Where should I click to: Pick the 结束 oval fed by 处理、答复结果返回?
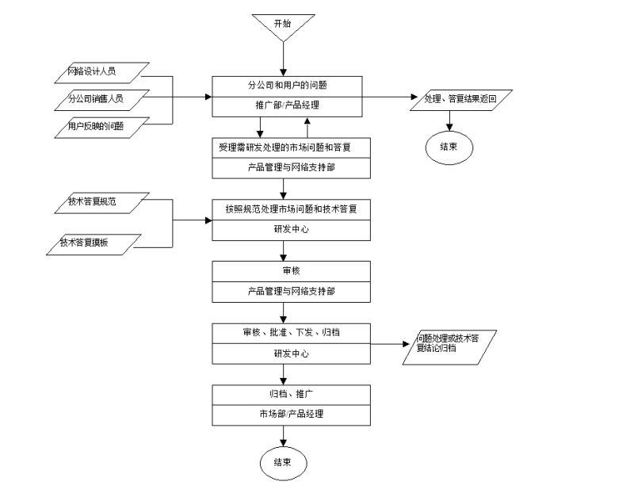coord(450,147)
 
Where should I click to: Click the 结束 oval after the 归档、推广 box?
coord(282,462)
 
